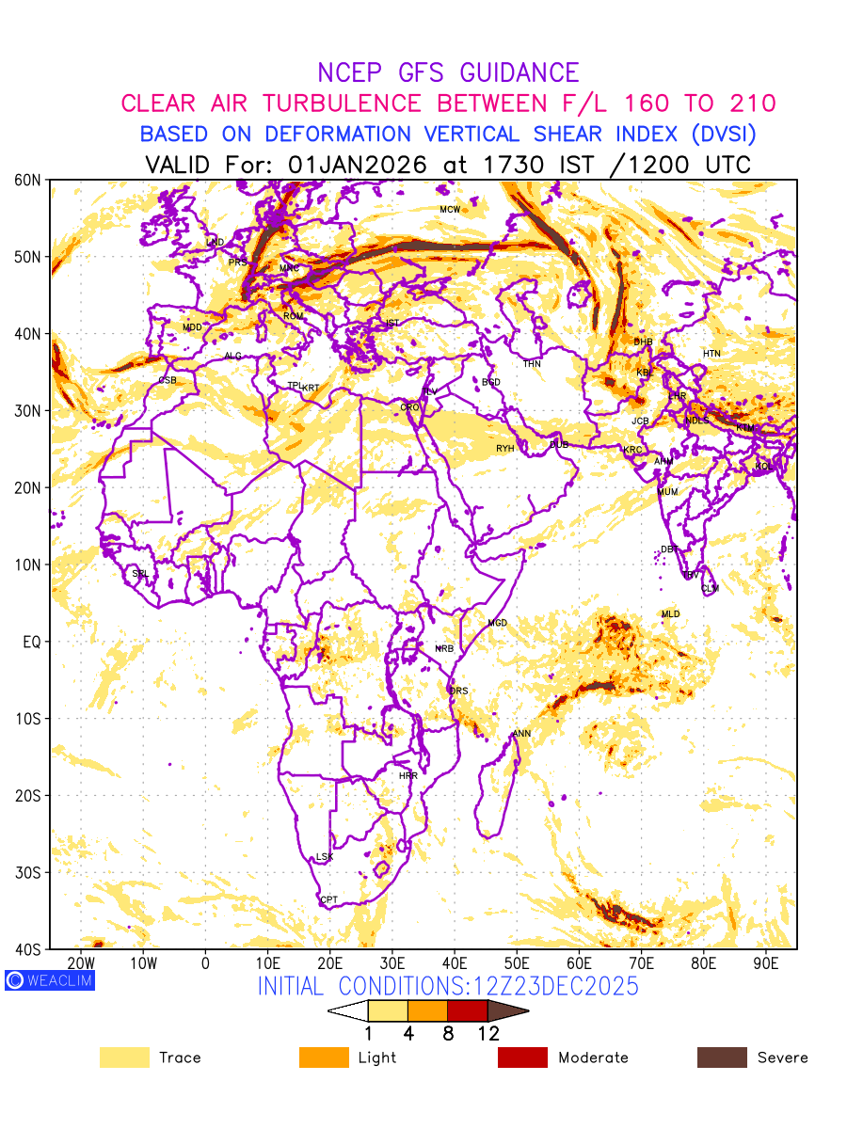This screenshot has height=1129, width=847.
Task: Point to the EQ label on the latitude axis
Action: click(x=32, y=642)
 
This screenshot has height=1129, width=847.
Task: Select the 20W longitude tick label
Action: click(x=81, y=964)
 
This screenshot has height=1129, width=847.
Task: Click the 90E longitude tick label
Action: click(x=766, y=964)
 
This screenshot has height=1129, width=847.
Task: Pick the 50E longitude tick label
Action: click(x=517, y=964)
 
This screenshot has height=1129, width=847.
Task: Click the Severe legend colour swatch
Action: click(x=722, y=1057)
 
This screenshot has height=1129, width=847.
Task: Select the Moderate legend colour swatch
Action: click(x=522, y=1057)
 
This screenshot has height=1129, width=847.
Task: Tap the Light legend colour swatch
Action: click(x=324, y=1057)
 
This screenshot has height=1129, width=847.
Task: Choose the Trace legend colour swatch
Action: click(x=124, y=1057)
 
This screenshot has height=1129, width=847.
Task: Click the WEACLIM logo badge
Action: click(x=50, y=980)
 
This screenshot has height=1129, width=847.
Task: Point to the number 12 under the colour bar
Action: click(x=487, y=1033)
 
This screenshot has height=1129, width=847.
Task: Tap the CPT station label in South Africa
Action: click(x=328, y=900)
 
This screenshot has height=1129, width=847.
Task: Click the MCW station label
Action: click(x=450, y=209)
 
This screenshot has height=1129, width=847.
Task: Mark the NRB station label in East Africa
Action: click(x=444, y=649)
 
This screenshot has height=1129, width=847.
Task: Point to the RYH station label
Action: click(x=505, y=449)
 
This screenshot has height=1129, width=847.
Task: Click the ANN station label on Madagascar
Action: click(x=521, y=734)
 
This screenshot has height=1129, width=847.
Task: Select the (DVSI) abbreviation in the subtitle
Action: click(x=709, y=135)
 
